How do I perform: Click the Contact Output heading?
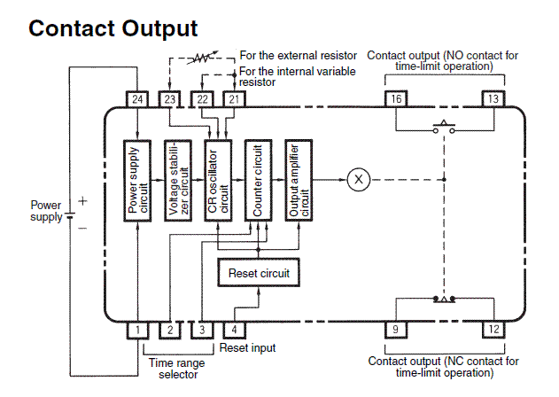tap(113, 28)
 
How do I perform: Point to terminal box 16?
tap(398, 98)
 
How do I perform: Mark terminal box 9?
tap(398, 330)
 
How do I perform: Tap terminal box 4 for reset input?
tap(235, 330)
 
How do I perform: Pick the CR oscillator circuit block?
tap(217, 180)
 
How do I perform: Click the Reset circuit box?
tap(258, 273)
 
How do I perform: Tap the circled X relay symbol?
tap(359, 180)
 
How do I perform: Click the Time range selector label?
tap(175, 369)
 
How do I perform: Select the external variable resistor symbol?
tap(202, 59)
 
